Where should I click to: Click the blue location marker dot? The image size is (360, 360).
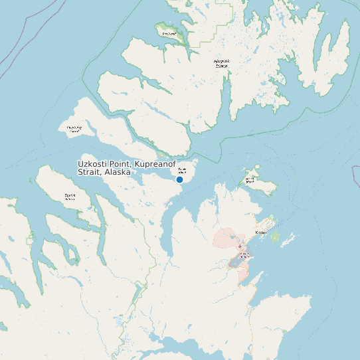[x=179, y=179]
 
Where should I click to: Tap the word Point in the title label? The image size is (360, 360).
[x=122, y=163]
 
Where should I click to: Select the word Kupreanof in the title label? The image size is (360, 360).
[x=159, y=163]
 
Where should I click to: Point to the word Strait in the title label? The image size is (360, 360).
[x=90, y=172]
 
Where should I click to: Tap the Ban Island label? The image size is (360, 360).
[x=169, y=33]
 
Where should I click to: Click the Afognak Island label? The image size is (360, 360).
[x=221, y=64]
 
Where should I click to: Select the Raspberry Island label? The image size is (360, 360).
[x=74, y=129]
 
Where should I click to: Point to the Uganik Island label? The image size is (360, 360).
[x=70, y=197]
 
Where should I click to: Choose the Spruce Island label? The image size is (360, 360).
[x=250, y=179]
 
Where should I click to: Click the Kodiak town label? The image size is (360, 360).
[x=261, y=233]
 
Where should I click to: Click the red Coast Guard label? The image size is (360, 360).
[x=244, y=254]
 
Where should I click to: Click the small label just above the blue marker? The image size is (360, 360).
[x=182, y=170]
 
